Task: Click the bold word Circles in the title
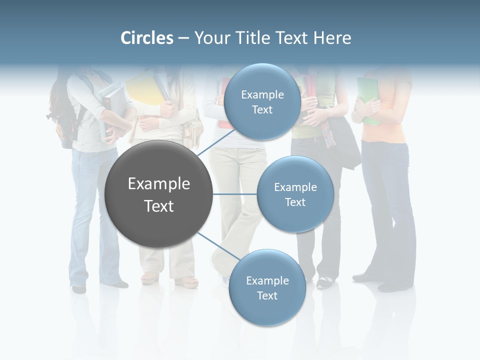point(147,38)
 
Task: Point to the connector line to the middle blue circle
point(235,194)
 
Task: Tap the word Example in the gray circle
point(159,184)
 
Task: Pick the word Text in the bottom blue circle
point(267,296)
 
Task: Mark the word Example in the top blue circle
point(262,94)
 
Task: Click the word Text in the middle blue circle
point(295,202)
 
